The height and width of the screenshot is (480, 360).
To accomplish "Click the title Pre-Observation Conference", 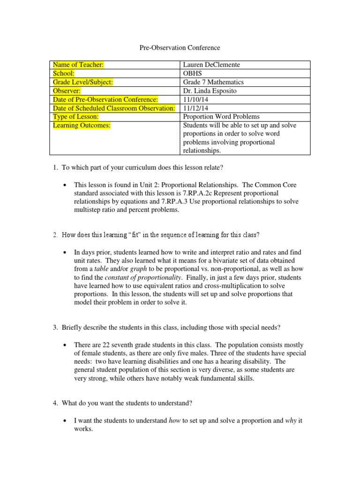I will [x=180, y=47].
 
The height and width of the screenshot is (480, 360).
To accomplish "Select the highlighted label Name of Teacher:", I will [x=78, y=65].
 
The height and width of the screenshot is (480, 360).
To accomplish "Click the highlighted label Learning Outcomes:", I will [x=82, y=125].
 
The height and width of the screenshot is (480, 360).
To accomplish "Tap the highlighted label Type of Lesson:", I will [x=75, y=116].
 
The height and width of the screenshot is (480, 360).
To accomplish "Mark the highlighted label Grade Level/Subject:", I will [x=83, y=82].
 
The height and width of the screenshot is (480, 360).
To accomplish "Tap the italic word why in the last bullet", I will [x=291, y=421].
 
